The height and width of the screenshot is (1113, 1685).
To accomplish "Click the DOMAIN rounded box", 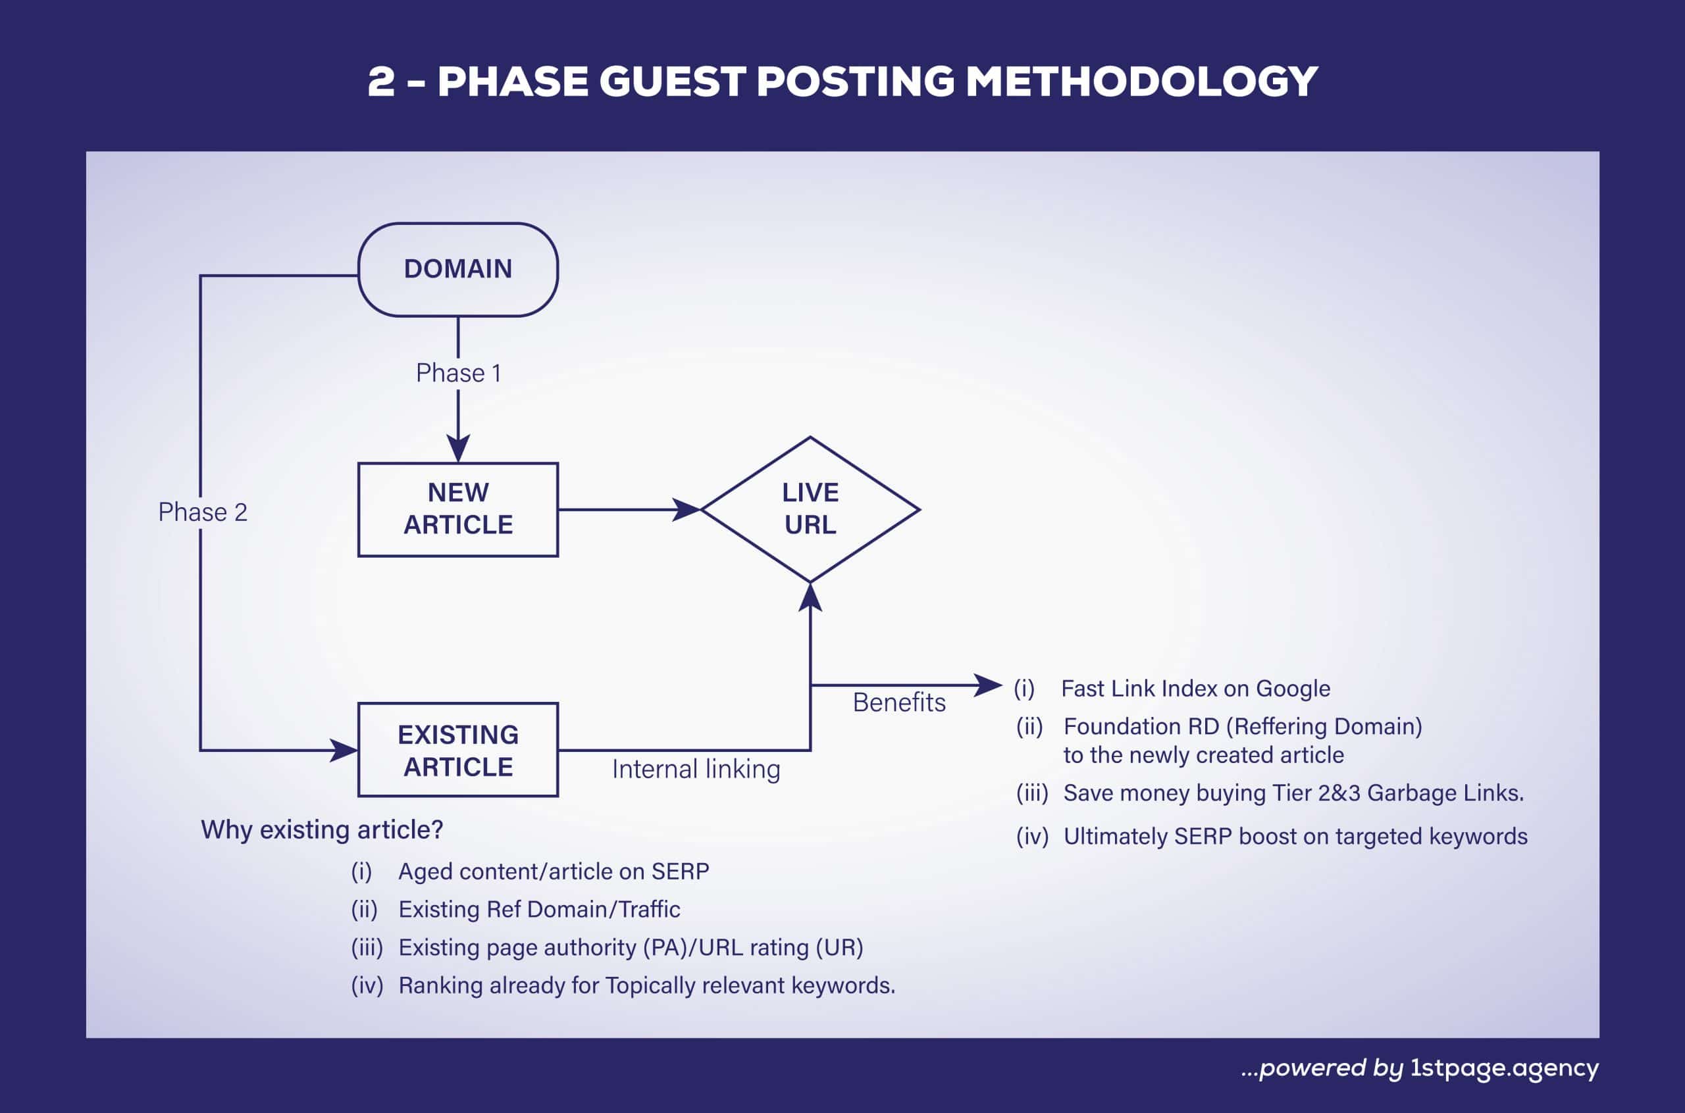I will point(458,270).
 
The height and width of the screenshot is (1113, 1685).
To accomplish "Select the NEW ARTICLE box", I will point(458,509).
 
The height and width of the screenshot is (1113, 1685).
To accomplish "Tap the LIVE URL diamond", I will point(810,509).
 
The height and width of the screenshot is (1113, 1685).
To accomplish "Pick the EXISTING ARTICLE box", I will point(458,751).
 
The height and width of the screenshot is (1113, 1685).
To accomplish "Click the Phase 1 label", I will point(458,374).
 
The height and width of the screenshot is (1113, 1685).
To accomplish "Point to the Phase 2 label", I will point(202,512).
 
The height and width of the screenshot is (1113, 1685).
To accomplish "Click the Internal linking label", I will point(696,770).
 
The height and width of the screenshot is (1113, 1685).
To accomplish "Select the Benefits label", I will point(899,703).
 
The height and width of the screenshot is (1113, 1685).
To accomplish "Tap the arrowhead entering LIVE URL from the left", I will point(686,509).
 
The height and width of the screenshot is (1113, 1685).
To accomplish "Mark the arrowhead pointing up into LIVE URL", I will point(810,598).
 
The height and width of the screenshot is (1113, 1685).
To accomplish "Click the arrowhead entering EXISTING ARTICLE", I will point(344,751).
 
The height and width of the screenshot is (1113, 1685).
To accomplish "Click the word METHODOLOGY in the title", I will point(1141,82).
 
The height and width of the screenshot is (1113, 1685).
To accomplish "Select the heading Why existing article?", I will point(322,829).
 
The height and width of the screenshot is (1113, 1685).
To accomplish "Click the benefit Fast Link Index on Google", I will point(1195,689).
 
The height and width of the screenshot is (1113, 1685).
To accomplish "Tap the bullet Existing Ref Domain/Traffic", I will point(539,909).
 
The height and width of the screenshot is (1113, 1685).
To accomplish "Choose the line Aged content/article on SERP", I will point(553,872).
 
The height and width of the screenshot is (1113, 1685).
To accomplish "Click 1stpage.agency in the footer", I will point(1504,1068).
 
